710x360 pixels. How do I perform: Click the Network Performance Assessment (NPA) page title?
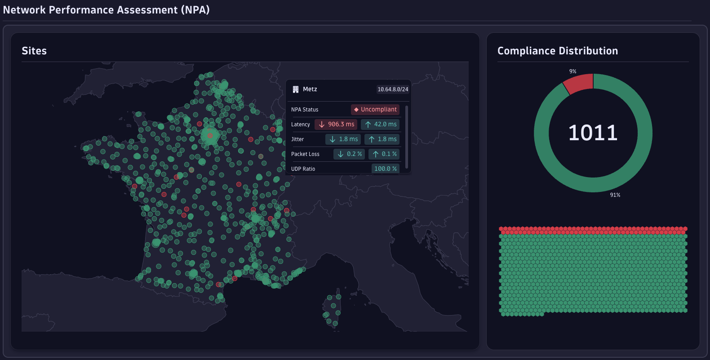tap(106, 10)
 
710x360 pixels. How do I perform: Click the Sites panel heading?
tap(34, 51)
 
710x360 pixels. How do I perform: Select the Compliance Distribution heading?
tap(557, 51)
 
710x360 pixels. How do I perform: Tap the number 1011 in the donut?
tap(593, 133)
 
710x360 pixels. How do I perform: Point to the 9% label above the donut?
tap(572, 71)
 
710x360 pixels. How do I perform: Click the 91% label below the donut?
tap(615, 195)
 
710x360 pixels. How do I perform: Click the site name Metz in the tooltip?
tap(310, 89)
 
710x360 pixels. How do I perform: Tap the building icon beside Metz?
tap(296, 89)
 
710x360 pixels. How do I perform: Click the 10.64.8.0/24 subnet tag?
tap(393, 89)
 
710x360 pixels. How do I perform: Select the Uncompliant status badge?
tap(375, 109)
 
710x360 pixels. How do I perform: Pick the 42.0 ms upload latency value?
tap(380, 124)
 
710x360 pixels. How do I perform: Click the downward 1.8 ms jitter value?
tap(343, 139)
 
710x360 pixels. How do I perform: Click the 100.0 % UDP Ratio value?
tap(386, 169)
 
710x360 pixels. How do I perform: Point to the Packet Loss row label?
tap(305, 154)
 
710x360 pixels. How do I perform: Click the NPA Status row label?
tap(305, 110)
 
